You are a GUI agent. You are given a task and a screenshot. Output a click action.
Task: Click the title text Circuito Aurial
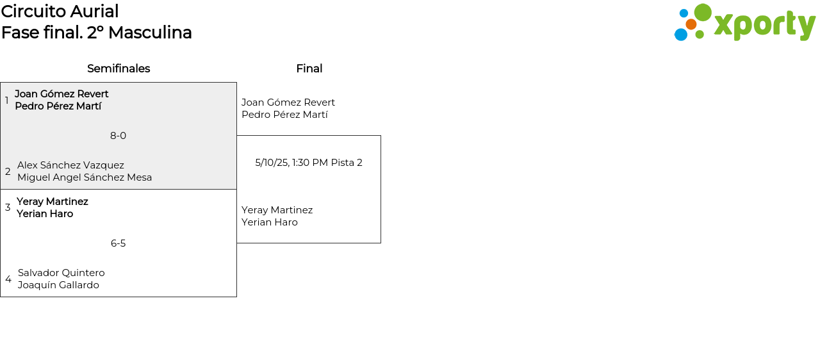pos(60,12)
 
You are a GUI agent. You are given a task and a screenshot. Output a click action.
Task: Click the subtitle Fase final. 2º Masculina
pos(96,33)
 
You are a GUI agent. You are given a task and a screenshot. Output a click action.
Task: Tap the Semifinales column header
pos(119,69)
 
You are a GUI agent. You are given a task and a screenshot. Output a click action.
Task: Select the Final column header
pos(309,69)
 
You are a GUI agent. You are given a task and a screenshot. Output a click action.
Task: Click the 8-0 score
pos(118,136)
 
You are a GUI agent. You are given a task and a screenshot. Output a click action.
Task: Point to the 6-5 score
pos(118,243)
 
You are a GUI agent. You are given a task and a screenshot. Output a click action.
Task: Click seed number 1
pos(7,101)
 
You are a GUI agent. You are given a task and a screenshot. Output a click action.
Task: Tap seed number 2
pos(8,172)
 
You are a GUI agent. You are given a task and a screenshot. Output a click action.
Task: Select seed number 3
pos(8,208)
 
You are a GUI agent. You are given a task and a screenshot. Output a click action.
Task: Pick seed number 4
pos(8,279)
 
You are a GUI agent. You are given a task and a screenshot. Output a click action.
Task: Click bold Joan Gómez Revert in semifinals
pos(61,94)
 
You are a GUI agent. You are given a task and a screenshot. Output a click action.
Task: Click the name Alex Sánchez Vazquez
pos(70,165)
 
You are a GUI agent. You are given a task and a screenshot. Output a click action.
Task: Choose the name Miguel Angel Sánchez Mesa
pos(85,177)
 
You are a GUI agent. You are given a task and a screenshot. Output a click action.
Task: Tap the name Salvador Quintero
pos(61,273)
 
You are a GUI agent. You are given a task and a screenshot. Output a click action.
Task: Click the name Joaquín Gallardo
pos(58,285)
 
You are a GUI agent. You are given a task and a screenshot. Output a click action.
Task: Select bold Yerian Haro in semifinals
pos(45,214)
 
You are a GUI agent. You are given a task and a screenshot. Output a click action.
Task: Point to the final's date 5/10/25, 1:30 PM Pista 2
pos(309,163)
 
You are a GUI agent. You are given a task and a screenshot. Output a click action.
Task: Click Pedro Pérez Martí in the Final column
pos(284,115)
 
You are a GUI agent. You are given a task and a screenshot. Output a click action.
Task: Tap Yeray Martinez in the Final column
pos(277,210)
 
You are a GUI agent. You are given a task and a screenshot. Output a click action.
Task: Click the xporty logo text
pos(764,25)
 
